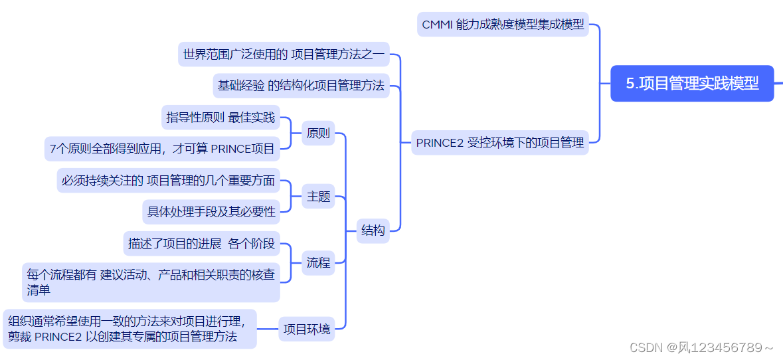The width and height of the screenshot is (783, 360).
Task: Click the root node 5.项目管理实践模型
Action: click(692, 84)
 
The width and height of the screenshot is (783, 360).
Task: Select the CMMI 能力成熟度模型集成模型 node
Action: click(503, 25)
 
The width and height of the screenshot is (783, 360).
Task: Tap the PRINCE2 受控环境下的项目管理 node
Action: click(499, 142)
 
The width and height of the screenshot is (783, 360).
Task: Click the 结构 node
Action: click(373, 230)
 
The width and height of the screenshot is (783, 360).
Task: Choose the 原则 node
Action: click(318, 133)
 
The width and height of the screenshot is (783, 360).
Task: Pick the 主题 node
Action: click(318, 197)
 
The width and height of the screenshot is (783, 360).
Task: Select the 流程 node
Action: click(318, 262)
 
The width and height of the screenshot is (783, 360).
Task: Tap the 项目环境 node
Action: click(306, 328)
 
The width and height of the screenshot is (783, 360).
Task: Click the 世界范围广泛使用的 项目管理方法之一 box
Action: click(284, 54)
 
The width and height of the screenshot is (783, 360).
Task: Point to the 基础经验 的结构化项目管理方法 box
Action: click(301, 86)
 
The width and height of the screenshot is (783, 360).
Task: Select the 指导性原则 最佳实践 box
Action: click(220, 118)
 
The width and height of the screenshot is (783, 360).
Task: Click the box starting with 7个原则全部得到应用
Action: click(162, 149)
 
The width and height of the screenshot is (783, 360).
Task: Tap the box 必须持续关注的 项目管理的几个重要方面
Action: click(168, 180)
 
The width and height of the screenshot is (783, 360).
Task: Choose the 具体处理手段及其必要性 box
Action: click(211, 212)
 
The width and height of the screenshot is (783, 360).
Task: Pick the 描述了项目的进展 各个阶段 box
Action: click(201, 244)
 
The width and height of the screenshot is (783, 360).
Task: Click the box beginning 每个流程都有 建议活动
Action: click(151, 282)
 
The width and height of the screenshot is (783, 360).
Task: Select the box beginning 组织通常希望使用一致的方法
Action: click(130, 328)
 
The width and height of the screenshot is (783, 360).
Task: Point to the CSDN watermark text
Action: click(701, 347)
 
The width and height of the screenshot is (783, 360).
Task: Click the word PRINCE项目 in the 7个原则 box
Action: click(242, 149)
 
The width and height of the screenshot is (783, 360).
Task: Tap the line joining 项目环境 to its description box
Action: click(267, 328)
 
